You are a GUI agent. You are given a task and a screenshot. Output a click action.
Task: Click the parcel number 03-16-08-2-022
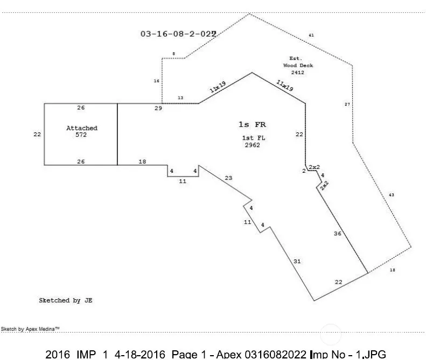[x=178, y=34]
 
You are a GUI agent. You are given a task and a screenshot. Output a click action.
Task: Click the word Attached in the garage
[x=82, y=128]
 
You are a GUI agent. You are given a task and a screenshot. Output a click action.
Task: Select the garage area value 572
[x=82, y=135]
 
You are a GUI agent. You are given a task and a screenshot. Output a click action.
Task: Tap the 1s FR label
[x=252, y=124]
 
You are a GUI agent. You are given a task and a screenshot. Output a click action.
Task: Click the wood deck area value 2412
[x=298, y=72]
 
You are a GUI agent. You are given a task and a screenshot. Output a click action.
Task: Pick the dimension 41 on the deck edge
[x=311, y=36]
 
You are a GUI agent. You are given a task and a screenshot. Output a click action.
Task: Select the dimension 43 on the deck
[x=392, y=194]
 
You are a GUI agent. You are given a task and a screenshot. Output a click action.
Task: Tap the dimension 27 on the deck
[x=347, y=104]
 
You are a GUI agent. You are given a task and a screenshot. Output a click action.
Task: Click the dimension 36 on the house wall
[x=338, y=234]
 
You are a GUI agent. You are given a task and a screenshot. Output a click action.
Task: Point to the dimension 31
[x=297, y=261]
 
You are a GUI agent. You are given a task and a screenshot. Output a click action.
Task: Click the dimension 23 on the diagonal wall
[x=228, y=178]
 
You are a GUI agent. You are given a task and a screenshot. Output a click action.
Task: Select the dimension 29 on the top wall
[x=158, y=109]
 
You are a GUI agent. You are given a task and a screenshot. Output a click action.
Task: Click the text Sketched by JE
[x=66, y=300]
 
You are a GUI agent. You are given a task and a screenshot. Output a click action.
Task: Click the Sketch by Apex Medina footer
[x=30, y=328]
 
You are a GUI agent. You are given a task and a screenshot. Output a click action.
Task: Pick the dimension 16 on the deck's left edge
[x=157, y=81]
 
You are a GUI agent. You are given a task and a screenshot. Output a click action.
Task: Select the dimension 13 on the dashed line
[x=180, y=98]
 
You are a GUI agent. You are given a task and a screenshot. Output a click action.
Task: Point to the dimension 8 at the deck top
[x=173, y=53]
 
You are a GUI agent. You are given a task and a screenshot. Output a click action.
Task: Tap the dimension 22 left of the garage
[x=37, y=135]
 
